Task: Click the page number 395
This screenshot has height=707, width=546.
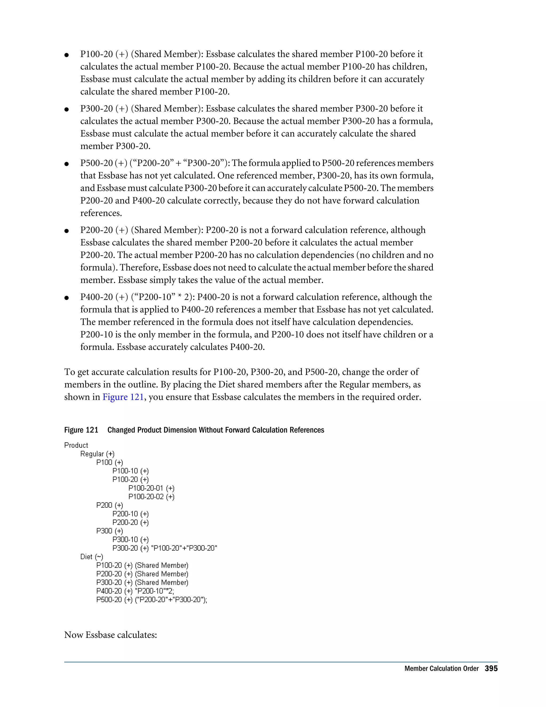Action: [491, 669]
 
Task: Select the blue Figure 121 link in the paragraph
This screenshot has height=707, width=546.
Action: [123, 397]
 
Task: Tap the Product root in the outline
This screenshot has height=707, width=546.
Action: [76, 445]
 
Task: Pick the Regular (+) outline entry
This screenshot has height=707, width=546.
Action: [97, 454]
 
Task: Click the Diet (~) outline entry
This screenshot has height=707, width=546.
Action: [91, 557]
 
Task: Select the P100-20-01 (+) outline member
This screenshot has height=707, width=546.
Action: [151, 488]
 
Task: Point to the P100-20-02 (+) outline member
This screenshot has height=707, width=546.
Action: [151, 497]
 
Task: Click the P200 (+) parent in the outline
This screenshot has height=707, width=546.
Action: [110, 505]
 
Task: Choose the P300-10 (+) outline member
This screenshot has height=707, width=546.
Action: [131, 539]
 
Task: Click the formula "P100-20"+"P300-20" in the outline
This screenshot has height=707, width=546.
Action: [184, 548]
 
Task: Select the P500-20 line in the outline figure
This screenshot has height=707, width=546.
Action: [152, 599]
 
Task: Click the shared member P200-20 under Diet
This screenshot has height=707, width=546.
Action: [142, 574]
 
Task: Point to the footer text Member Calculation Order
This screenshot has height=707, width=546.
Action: [441, 669]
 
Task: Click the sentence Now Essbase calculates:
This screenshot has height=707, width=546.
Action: [111, 635]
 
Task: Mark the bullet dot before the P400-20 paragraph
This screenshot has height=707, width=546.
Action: [67, 297]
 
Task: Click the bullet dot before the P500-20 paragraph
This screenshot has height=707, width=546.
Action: [67, 164]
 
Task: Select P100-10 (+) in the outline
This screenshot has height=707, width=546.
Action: [131, 471]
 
